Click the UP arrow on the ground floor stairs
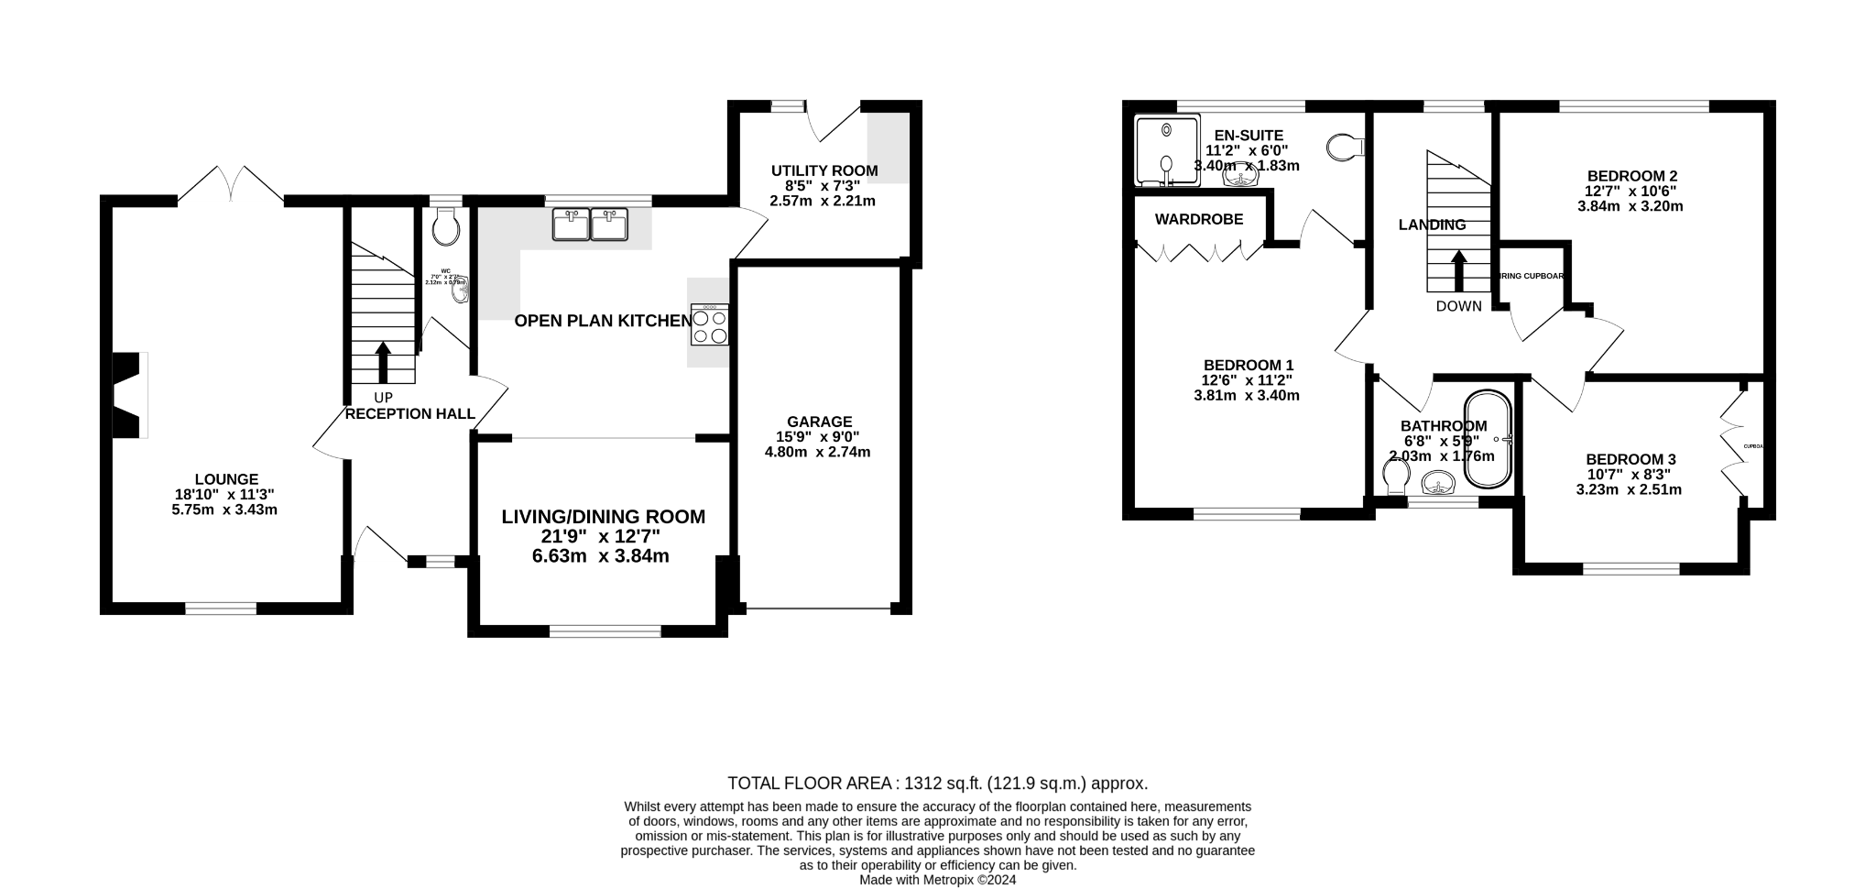[x=382, y=363]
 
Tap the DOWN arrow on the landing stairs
[x=1458, y=271]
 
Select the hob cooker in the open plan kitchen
[x=710, y=325]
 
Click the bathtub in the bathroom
[x=1488, y=440]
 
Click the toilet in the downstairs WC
[x=447, y=226]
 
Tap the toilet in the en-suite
[x=1345, y=147]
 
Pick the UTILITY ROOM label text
[x=823, y=170]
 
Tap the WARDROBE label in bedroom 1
[x=1198, y=219]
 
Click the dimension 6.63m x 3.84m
[x=600, y=556]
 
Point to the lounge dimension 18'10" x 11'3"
[x=224, y=494]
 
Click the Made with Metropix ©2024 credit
[x=937, y=880]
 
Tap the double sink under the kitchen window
[x=591, y=225]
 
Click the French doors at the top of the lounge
[x=231, y=183]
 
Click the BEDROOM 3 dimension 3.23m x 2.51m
[x=1628, y=489]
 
